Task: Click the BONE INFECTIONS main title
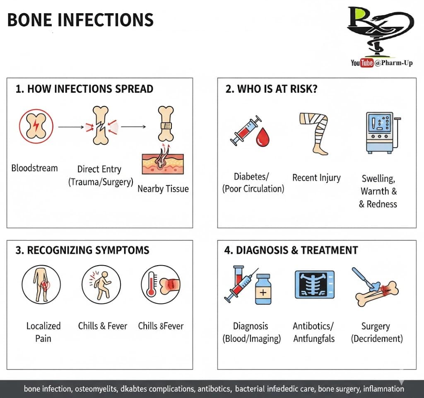point(80,20)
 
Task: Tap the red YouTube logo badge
point(367,63)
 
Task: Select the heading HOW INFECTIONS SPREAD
point(84,89)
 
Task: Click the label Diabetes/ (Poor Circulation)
point(253,183)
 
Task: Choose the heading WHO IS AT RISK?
point(272,89)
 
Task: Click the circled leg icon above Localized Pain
point(41,285)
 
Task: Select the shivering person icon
point(101,285)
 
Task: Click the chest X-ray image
point(314,284)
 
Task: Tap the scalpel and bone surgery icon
point(375,286)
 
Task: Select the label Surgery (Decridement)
point(376,332)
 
